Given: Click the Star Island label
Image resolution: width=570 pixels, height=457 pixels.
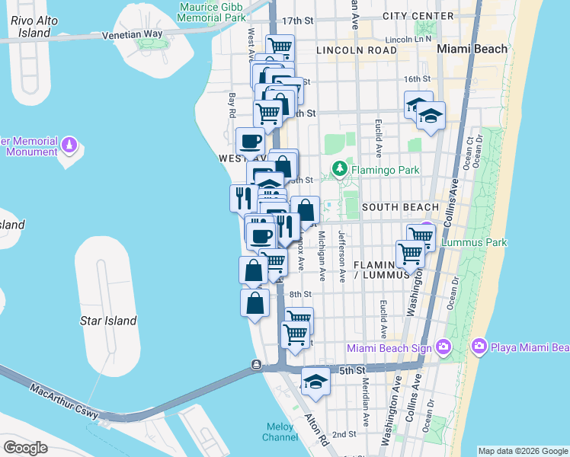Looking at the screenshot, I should click(108, 321).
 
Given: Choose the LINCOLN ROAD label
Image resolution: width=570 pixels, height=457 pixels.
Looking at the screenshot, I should click(356, 50).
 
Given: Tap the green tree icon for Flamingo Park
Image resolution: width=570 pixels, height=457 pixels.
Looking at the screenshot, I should click(337, 168).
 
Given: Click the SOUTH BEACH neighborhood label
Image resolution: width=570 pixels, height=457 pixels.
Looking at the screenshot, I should click(400, 207).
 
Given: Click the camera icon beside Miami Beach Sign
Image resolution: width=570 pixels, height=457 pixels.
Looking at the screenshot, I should click(444, 347).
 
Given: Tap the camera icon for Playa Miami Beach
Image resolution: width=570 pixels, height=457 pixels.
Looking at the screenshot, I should click(479, 347).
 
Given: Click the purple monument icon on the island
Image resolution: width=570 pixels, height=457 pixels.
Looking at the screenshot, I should click(69, 144).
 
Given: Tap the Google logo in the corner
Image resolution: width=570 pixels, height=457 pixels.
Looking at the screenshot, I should click(25, 447).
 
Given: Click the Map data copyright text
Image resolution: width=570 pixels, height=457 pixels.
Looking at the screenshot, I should click(521, 451).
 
